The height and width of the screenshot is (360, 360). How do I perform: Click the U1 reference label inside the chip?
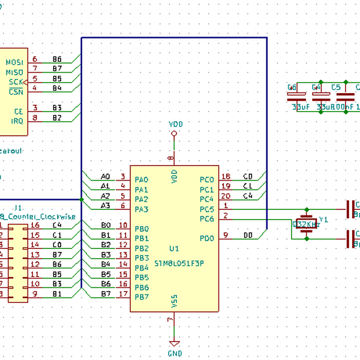[175, 248]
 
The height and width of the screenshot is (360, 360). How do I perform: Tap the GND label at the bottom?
[175, 354]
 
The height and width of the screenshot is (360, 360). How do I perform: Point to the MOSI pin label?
[14, 62]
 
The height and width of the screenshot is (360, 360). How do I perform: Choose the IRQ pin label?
[17, 121]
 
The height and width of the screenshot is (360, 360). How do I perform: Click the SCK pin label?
[16, 81]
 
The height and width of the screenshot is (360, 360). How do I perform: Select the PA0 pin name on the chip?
[142, 179]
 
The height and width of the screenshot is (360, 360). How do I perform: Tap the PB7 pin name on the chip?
[142, 296]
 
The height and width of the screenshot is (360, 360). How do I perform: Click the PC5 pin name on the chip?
[206, 209]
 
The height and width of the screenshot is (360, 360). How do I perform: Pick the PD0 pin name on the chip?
[206, 238]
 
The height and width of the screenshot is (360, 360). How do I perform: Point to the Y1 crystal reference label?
[323, 220]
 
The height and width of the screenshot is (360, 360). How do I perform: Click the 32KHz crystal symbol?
[306, 224]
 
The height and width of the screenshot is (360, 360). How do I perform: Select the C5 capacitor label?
[336, 87]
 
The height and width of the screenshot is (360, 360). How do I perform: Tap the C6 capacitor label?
[292, 87]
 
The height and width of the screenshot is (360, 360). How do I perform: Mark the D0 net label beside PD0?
[248, 236]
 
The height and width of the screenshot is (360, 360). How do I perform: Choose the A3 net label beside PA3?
[105, 206]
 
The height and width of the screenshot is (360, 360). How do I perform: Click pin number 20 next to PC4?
[226, 196]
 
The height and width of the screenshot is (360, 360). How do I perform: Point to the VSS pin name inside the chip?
[174, 301]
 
